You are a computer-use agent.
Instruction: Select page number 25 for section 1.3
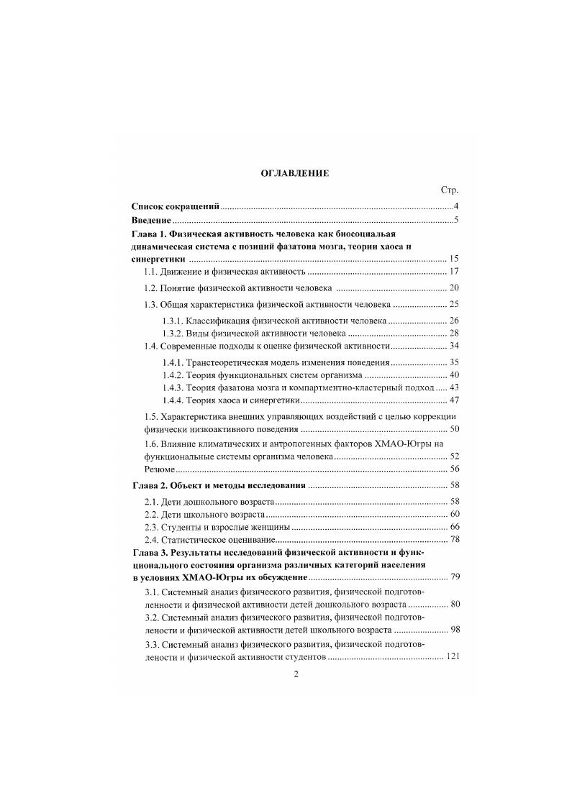(453, 304)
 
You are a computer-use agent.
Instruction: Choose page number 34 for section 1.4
(453, 346)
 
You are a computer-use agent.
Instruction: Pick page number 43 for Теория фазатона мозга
(453, 387)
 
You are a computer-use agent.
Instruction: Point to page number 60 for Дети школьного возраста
(453, 515)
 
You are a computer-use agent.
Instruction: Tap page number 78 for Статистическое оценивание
(453, 540)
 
